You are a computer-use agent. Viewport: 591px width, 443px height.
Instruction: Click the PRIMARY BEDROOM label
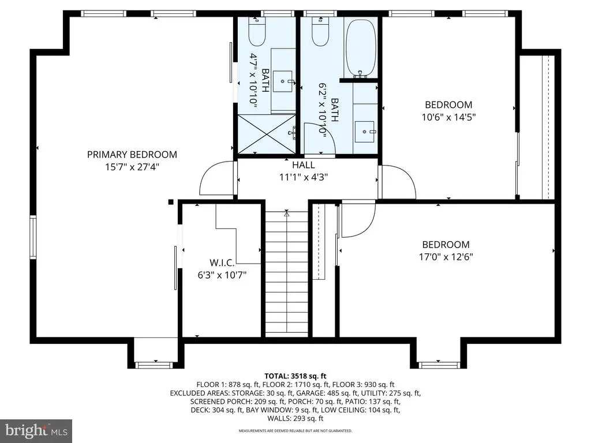click(x=132, y=155)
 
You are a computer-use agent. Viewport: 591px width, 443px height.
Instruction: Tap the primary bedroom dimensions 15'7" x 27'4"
click(x=132, y=167)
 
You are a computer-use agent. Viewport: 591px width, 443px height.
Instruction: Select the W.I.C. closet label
click(x=222, y=262)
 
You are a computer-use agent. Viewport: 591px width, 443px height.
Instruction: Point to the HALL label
click(x=304, y=164)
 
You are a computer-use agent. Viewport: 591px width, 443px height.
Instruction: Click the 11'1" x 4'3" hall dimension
click(x=304, y=177)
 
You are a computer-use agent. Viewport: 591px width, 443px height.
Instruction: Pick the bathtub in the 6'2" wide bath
click(x=361, y=48)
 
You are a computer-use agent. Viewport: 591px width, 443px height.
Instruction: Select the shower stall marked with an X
click(x=266, y=134)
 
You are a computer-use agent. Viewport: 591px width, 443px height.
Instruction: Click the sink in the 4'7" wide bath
click(x=282, y=81)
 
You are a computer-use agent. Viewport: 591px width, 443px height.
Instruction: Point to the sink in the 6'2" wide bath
click(x=365, y=132)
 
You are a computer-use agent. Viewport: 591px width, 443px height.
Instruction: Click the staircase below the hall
click(x=287, y=273)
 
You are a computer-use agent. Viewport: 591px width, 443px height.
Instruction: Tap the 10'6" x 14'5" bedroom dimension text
click(x=448, y=117)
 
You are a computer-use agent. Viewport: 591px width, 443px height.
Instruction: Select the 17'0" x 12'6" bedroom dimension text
click(x=446, y=257)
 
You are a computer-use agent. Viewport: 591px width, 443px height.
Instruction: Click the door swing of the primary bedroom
click(x=217, y=178)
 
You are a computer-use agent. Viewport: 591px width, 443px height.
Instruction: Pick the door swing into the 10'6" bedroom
click(x=398, y=182)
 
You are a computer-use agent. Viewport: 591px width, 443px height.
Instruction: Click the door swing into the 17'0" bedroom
click(x=358, y=220)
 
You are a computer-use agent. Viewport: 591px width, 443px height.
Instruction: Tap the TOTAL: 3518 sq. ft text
click(x=295, y=376)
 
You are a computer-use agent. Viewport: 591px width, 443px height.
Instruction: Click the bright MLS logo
click(x=36, y=430)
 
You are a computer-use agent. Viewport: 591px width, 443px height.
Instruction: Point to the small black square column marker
click(x=171, y=202)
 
